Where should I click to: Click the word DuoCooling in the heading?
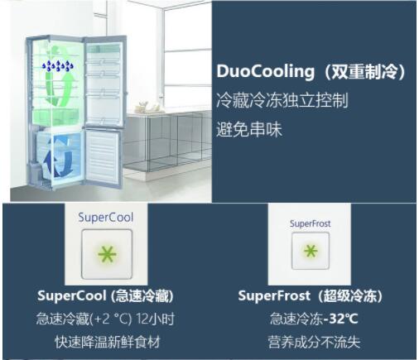pos(265,71)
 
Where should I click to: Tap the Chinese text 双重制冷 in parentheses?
pos(364,71)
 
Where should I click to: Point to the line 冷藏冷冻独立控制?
pos(282,100)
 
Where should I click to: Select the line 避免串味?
pos(249,129)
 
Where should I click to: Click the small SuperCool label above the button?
pos(106,218)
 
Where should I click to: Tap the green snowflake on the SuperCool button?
pos(107,254)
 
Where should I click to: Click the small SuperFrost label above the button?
pos(310,223)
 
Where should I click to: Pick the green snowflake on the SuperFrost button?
pos(311,251)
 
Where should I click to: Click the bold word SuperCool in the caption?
pos(72,295)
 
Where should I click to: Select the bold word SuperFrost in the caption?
pos(274,295)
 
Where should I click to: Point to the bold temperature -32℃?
pos(340,319)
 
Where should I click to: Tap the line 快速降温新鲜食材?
pos(108,342)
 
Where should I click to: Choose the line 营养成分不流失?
pos(314,342)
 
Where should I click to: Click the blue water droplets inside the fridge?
pos(58,65)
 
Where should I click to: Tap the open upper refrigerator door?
pos(104,82)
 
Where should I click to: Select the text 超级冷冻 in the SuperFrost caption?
pos(350,295)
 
